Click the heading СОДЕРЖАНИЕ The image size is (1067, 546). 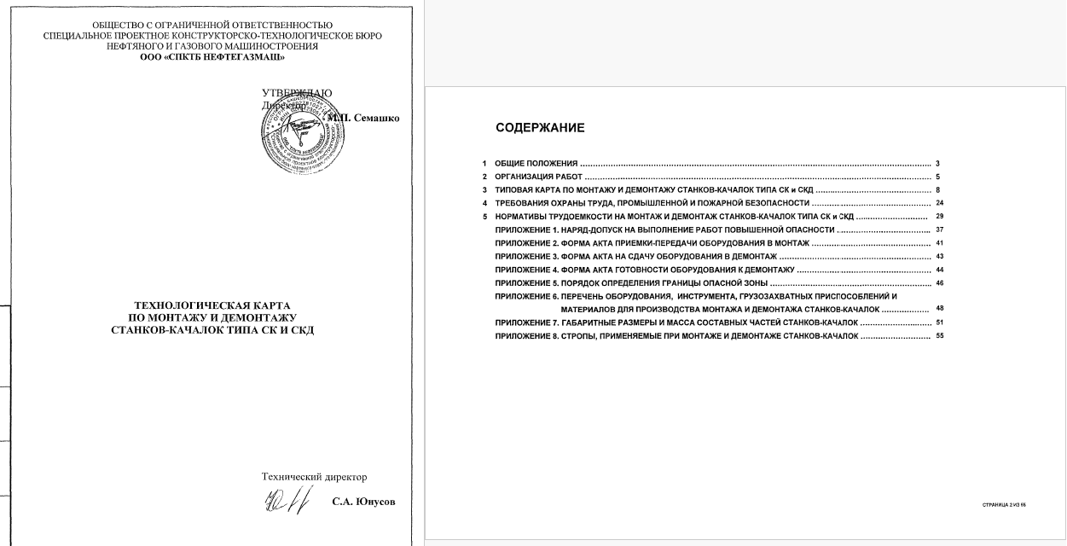coord(540,128)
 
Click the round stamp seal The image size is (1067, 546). coord(293,134)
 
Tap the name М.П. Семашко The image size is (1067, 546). coord(363,118)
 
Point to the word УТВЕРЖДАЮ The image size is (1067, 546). coord(297,92)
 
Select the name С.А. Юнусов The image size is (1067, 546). coord(364,501)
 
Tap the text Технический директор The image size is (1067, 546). coord(314,477)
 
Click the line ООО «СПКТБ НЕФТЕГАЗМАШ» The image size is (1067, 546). coord(212,57)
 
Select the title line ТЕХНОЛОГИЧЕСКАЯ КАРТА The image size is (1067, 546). coord(212,305)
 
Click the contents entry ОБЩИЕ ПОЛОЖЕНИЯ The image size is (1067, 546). coord(536,162)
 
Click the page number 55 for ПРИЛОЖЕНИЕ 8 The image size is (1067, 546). coord(940,336)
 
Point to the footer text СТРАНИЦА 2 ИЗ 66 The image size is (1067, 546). coord(1003,505)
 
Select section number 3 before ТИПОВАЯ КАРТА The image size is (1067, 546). coord(484,189)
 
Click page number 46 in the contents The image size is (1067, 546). coord(940,282)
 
